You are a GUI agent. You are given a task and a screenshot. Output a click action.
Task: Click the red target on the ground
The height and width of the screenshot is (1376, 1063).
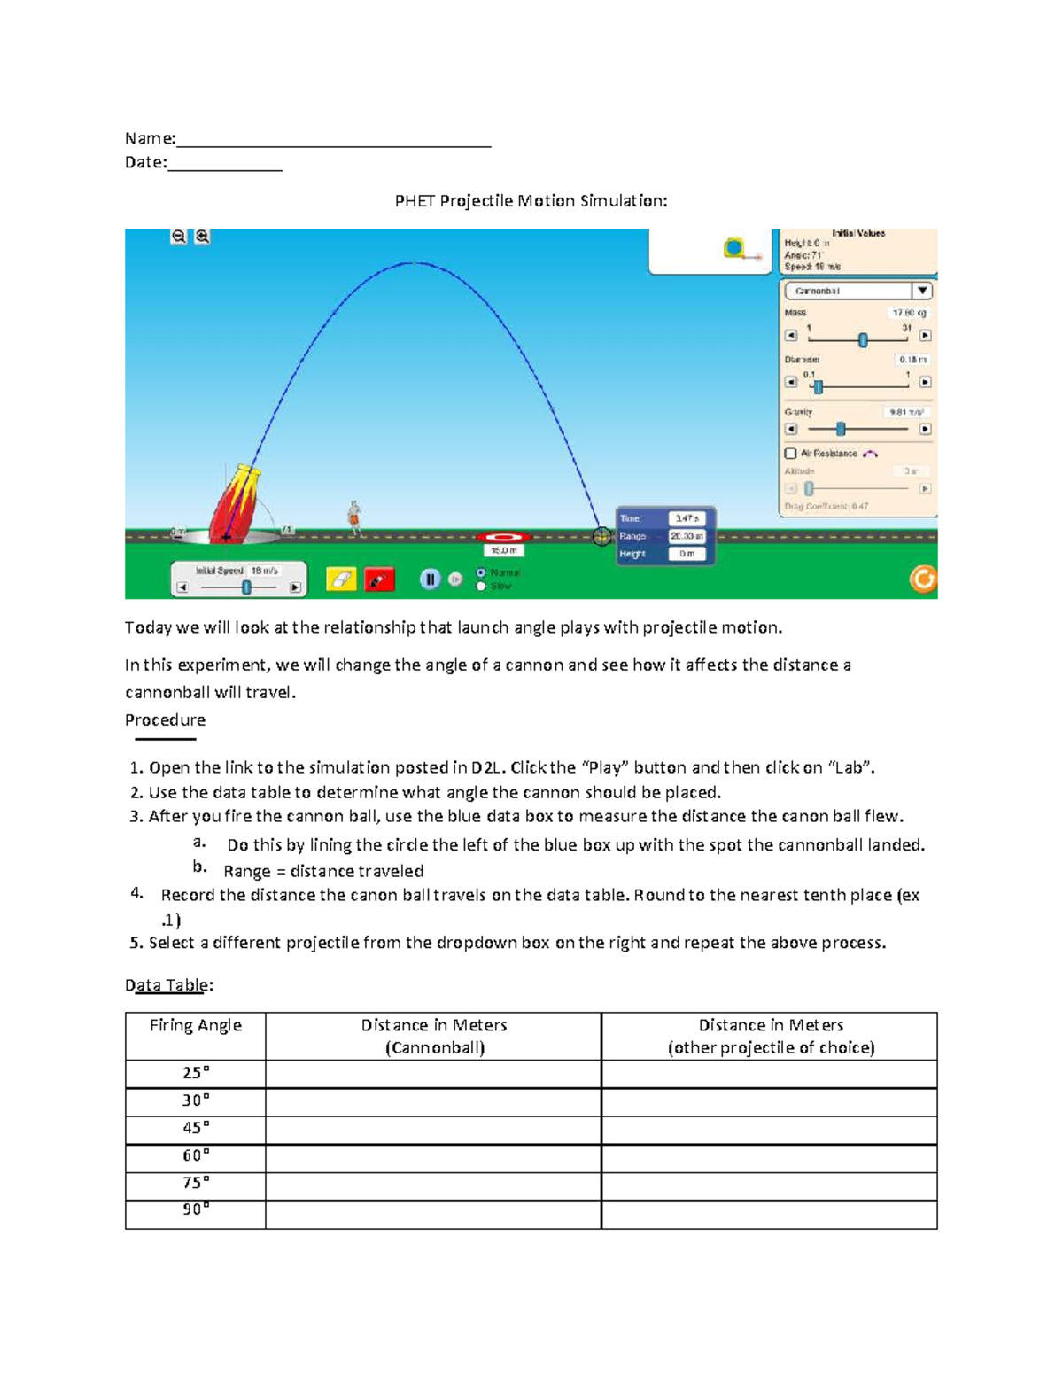pyautogui.click(x=504, y=537)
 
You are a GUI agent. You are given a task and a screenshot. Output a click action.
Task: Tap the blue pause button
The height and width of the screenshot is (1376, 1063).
pyautogui.click(x=430, y=579)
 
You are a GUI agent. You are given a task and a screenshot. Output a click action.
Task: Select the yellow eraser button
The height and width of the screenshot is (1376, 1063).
pyautogui.click(x=341, y=579)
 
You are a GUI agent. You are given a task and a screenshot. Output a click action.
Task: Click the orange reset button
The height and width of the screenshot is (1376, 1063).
pyautogui.click(x=923, y=579)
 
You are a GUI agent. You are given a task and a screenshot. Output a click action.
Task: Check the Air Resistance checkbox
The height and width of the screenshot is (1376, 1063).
pyautogui.click(x=791, y=454)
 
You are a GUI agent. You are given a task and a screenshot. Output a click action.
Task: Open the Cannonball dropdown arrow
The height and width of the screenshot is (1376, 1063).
pyautogui.click(x=922, y=291)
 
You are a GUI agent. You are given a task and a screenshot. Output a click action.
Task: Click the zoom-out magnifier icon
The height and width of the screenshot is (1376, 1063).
pyautogui.click(x=179, y=237)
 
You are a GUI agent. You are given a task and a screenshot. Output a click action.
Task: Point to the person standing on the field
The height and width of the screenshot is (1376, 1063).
pyautogui.click(x=354, y=518)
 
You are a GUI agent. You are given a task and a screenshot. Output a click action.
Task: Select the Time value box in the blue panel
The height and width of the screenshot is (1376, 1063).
pyautogui.click(x=687, y=518)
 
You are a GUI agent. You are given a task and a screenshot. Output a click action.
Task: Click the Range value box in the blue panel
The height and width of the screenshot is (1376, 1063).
pyautogui.click(x=687, y=536)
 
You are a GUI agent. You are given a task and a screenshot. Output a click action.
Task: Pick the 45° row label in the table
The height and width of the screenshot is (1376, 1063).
pyautogui.click(x=196, y=1128)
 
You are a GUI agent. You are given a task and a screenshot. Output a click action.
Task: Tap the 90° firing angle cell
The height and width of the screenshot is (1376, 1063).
pyautogui.click(x=196, y=1210)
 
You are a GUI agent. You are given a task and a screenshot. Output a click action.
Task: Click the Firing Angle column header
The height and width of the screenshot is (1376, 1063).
pyautogui.click(x=196, y=1026)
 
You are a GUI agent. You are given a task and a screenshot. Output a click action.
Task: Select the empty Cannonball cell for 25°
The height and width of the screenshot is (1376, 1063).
pyautogui.click(x=433, y=1074)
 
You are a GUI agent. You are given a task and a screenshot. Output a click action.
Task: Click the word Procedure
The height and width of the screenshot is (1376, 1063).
pyautogui.click(x=165, y=720)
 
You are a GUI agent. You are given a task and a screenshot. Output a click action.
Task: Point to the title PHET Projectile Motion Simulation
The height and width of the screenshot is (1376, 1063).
pyautogui.click(x=531, y=201)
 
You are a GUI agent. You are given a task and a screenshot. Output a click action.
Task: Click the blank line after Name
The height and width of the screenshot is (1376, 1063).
pyautogui.click(x=333, y=140)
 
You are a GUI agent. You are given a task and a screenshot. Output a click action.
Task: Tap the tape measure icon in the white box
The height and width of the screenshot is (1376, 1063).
pyautogui.click(x=735, y=249)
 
